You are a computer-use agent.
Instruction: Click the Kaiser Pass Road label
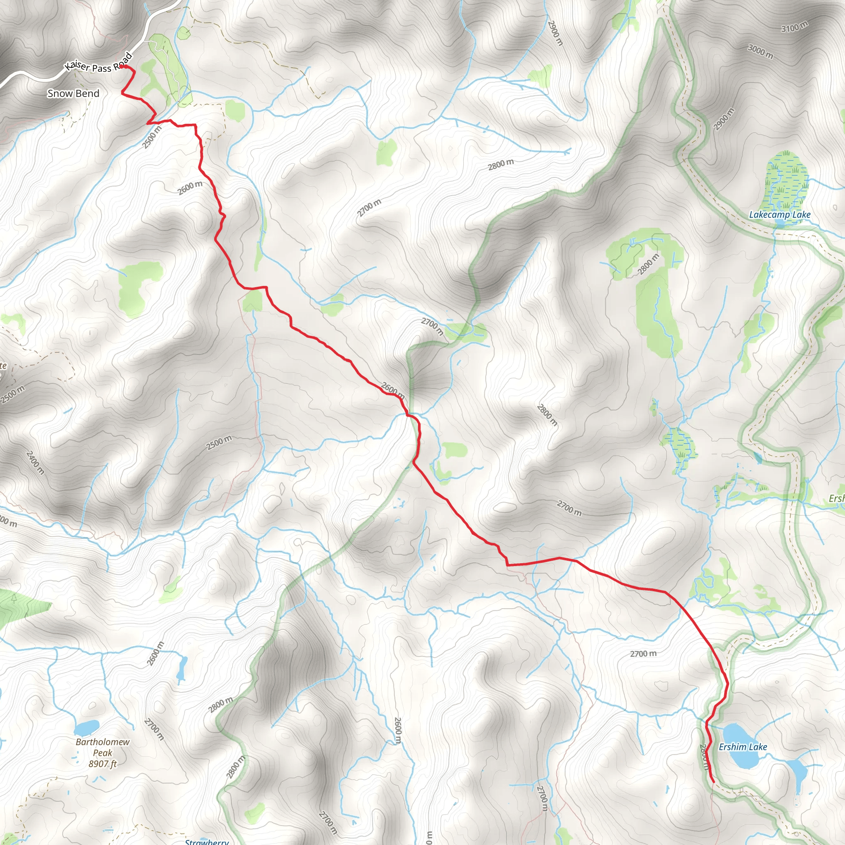[x=99, y=64]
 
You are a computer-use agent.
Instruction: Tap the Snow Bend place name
[x=73, y=93]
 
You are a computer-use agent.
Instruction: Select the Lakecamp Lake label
[x=779, y=215]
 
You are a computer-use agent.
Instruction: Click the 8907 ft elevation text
[x=103, y=764]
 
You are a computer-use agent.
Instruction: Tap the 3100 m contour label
[x=794, y=27]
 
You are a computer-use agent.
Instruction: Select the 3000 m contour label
[x=760, y=51]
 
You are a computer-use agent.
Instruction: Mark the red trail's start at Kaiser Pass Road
[x=124, y=67]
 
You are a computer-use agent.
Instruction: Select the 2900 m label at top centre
[x=555, y=33]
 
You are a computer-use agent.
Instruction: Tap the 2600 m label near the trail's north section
[x=190, y=188]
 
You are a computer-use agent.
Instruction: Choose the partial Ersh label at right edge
[x=836, y=498]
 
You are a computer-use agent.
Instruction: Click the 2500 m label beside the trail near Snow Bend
[x=152, y=137]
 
